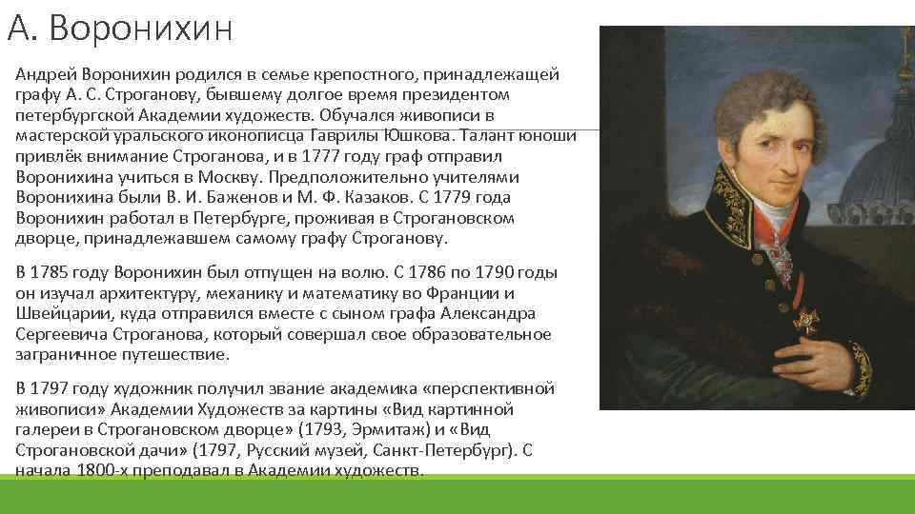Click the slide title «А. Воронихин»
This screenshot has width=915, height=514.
point(120,29)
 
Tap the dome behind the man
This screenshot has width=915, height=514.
point(877,181)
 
